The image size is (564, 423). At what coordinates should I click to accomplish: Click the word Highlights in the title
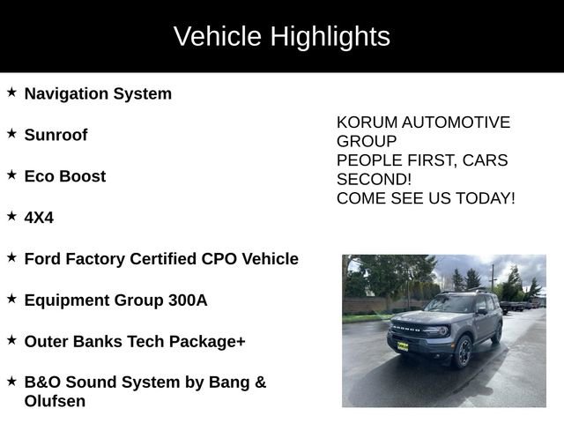[330, 36]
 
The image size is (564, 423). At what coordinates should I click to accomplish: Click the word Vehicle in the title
[218, 36]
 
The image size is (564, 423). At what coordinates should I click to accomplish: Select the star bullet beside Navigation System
[11, 92]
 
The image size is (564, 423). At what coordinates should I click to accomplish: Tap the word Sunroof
[56, 135]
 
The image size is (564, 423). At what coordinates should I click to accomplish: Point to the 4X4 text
[39, 218]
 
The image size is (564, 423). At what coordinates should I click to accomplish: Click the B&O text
[44, 382]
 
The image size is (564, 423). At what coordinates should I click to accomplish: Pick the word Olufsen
[55, 402]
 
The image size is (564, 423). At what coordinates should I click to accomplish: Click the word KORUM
[366, 122]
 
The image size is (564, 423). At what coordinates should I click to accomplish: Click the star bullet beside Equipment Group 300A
[11, 299]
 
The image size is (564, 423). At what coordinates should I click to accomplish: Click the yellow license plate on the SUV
[403, 346]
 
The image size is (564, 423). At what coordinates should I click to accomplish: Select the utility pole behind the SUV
[493, 278]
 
